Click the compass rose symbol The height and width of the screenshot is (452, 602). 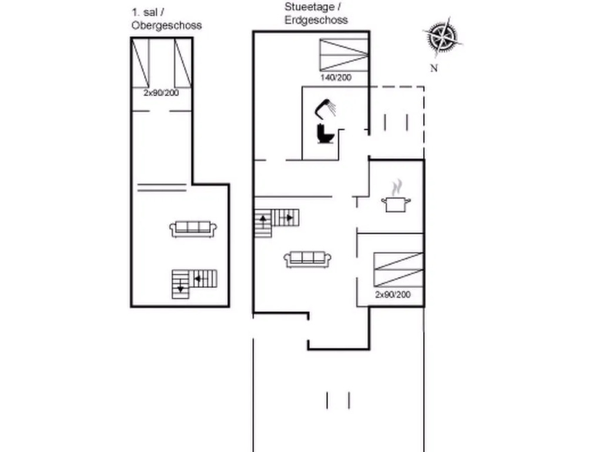pyautogui.click(x=443, y=36)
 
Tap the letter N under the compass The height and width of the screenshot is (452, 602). pyautogui.click(x=434, y=68)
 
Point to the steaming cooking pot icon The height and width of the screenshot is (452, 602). pyautogui.click(x=396, y=197)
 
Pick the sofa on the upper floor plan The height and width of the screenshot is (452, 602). pyautogui.click(x=193, y=229)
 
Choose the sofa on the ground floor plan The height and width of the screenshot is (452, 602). pyautogui.click(x=307, y=260)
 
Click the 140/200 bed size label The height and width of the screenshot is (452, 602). pyautogui.click(x=336, y=77)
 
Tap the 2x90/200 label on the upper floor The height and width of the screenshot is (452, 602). pyautogui.click(x=161, y=92)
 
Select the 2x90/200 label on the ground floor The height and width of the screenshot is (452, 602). pyautogui.click(x=393, y=294)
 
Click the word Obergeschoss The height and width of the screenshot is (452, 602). pyautogui.click(x=166, y=25)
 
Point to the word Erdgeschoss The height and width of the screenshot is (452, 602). pyautogui.click(x=316, y=20)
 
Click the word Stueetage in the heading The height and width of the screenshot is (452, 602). pyautogui.click(x=309, y=6)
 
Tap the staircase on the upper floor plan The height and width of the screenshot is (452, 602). pyautogui.click(x=194, y=284)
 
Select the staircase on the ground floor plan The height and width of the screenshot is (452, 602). pyautogui.click(x=277, y=223)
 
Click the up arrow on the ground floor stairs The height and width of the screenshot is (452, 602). pyautogui.click(x=263, y=220)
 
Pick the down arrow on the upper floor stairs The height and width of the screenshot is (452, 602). pyautogui.click(x=180, y=287)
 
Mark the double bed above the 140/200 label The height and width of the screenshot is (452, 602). pyautogui.click(x=344, y=55)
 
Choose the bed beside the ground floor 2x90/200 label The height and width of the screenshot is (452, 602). pyautogui.click(x=399, y=270)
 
